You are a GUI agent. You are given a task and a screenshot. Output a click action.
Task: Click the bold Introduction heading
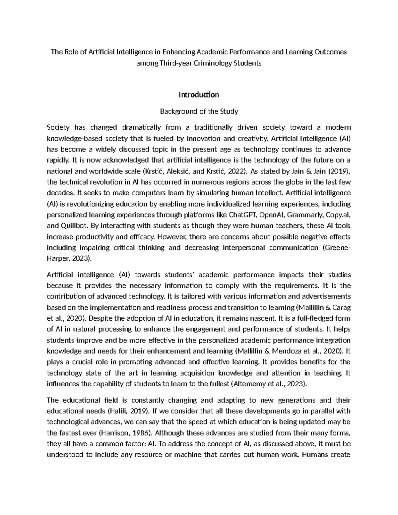coord(199,95)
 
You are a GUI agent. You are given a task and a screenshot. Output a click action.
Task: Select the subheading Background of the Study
coord(199,111)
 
